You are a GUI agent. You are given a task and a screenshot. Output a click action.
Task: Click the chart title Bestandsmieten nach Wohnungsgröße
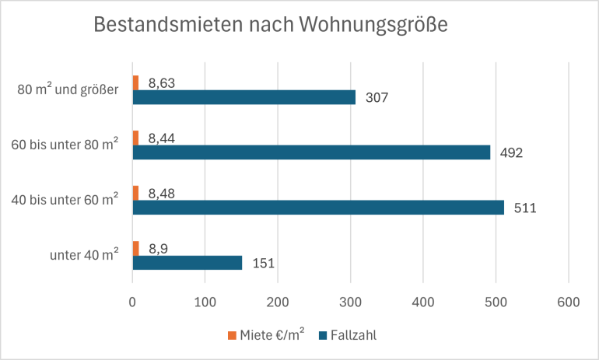click(271, 25)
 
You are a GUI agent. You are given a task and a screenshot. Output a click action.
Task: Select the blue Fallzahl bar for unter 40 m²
click(187, 263)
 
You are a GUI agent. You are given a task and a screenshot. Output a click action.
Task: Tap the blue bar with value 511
click(318, 208)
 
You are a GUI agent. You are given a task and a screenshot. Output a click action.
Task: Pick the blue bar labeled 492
click(311, 152)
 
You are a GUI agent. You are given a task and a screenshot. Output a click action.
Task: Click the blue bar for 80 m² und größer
click(243, 97)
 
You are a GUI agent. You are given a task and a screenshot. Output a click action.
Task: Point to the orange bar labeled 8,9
click(135, 248)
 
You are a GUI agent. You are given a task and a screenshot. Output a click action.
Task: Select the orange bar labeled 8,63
click(135, 82)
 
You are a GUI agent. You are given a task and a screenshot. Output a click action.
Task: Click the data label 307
click(376, 98)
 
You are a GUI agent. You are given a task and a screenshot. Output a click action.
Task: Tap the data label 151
click(262, 264)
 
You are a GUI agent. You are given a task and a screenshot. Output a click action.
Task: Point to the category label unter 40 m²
click(83, 255)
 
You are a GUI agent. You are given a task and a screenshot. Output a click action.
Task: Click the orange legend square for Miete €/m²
click(232, 335)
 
